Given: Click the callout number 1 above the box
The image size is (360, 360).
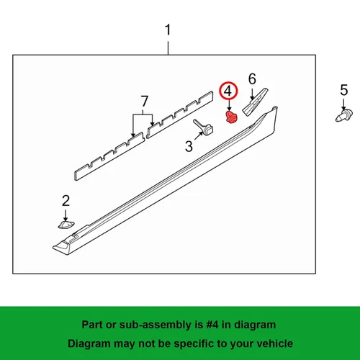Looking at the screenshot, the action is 168,30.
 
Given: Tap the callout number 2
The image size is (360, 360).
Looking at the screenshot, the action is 66,201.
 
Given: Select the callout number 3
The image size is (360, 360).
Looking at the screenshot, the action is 189,146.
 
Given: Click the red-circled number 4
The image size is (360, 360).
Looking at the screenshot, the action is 228,91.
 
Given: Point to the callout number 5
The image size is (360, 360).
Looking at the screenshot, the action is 344,90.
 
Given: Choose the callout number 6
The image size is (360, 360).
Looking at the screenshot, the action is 252,79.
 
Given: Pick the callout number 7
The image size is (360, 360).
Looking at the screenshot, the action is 144,101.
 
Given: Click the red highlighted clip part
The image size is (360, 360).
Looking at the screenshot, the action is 231,117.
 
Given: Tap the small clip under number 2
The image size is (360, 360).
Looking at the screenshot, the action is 66,225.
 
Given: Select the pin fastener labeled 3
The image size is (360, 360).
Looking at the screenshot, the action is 204,127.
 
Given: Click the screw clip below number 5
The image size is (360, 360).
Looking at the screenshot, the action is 344,116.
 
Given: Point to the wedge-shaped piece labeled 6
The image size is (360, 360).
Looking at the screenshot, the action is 255,102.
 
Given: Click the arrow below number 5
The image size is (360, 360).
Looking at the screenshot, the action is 343,104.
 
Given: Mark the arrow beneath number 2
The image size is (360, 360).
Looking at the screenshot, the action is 66,215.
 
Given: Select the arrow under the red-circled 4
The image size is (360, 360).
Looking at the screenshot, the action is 229,105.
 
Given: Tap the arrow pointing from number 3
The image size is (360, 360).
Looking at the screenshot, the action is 199,136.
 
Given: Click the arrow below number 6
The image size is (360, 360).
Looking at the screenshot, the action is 252,94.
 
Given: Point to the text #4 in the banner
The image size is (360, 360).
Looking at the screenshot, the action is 212,325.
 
